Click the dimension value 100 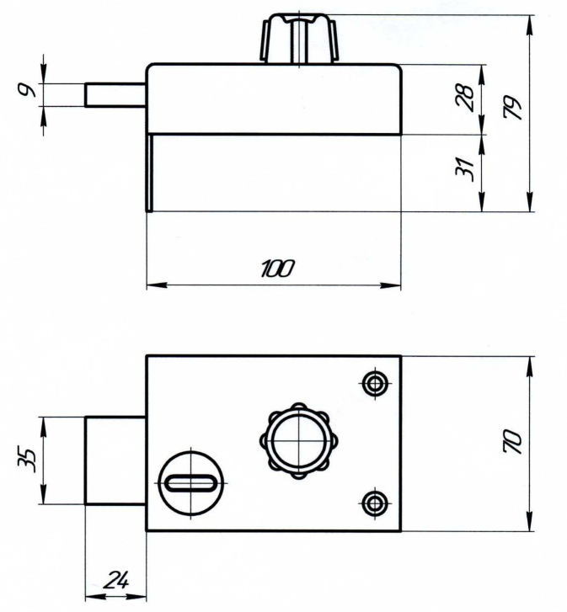tap(277, 269)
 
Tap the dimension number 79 tap(513, 107)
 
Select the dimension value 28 tap(465, 97)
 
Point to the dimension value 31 tap(465, 170)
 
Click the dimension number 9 tap(28, 91)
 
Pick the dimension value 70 tap(513, 441)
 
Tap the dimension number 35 tap(27, 460)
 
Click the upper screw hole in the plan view tap(375, 384)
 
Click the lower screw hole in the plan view tap(375, 503)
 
